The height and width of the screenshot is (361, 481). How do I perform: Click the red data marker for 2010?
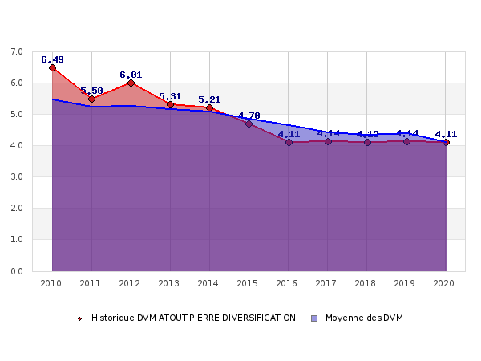click(x=52, y=67)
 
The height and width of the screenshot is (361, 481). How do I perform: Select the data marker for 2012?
click(x=131, y=83)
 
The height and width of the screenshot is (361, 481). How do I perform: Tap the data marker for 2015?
click(x=249, y=124)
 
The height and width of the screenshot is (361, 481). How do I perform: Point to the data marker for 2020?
click(x=446, y=142)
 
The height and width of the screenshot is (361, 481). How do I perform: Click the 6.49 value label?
click(x=52, y=59)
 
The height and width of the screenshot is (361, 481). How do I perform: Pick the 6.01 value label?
click(x=131, y=75)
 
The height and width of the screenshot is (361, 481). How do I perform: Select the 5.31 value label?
click(x=170, y=96)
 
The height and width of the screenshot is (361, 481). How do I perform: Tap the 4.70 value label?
click(x=249, y=116)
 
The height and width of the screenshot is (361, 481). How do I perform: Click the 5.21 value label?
click(x=209, y=99)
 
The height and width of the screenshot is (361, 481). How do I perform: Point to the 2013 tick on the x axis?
click(x=170, y=283)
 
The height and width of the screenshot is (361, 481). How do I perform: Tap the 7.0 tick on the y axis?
click(x=17, y=52)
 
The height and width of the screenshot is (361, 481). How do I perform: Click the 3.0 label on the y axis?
click(x=17, y=177)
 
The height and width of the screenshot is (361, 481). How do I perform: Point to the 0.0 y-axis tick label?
click(x=17, y=271)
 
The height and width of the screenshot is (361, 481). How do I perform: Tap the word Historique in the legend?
click(x=112, y=318)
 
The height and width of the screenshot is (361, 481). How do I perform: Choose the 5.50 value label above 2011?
click(x=91, y=91)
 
